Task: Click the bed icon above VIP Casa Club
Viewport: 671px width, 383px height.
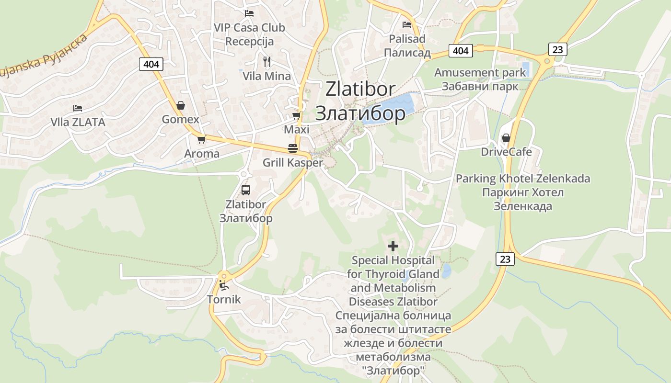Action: tap(249, 13)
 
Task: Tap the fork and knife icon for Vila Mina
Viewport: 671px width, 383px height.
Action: tap(267, 61)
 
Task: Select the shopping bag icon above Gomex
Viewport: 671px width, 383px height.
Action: tap(181, 105)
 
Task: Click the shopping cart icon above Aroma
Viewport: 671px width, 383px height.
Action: tap(201, 139)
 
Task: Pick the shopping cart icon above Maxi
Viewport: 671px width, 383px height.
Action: tap(297, 116)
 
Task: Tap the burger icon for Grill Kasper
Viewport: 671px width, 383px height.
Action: tap(293, 148)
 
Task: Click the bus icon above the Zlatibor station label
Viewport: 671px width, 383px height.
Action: tap(246, 190)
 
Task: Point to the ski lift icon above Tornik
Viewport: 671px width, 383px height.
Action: tap(223, 285)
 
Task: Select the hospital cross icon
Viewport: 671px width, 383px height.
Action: tap(393, 246)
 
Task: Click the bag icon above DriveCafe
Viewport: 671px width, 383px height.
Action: tap(506, 138)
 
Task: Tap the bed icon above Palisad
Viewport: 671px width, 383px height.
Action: tap(407, 25)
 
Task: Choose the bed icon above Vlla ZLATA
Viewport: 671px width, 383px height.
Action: tap(78, 108)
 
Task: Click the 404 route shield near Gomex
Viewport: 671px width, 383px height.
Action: tap(151, 64)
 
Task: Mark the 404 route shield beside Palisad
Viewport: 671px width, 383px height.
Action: tap(461, 50)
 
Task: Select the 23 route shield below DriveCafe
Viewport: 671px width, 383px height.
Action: tap(505, 259)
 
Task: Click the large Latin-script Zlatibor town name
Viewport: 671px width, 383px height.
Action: tap(360, 89)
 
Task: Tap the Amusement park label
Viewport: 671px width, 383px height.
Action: tap(480, 73)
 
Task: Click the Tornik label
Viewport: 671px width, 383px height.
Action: tap(224, 300)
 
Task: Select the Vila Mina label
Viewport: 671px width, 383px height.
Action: tap(266, 76)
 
